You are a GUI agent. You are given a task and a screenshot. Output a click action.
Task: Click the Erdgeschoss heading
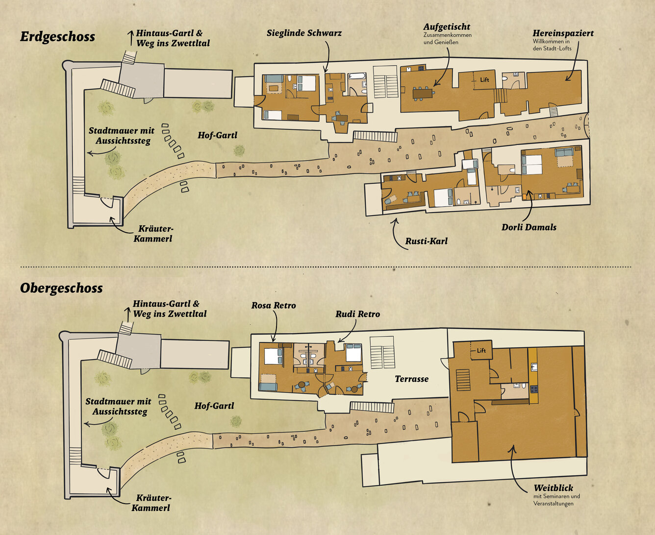[57, 37]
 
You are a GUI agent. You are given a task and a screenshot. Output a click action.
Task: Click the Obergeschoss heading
[61, 288]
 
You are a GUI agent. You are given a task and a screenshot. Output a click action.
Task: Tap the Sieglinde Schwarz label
[304, 33]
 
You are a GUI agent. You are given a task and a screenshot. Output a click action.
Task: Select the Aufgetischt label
[447, 27]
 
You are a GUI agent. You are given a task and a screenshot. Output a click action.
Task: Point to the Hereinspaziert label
[563, 33]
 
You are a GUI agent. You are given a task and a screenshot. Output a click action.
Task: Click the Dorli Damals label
[529, 227]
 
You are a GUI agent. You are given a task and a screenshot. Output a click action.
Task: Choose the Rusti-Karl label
[426, 241]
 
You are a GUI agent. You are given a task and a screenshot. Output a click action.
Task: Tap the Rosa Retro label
[274, 305]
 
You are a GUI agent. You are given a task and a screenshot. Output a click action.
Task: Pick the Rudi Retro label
[358, 314]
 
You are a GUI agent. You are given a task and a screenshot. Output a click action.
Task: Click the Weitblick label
[553, 488]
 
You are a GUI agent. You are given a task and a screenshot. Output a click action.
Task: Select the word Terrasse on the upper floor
[411, 379]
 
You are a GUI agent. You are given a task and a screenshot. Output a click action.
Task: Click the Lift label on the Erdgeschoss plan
[484, 80]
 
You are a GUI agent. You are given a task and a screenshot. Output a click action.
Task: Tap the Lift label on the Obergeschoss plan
[481, 350]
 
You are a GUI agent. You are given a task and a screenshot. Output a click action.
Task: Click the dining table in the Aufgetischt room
[423, 93]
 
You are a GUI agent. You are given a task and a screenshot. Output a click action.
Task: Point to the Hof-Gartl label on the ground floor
[217, 135]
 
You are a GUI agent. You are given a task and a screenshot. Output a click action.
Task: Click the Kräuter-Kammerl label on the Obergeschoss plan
[151, 503]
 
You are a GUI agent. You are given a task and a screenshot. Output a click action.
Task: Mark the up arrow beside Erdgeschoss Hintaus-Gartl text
[131, 38]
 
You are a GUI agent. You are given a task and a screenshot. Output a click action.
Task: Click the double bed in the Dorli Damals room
[532, 165]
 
